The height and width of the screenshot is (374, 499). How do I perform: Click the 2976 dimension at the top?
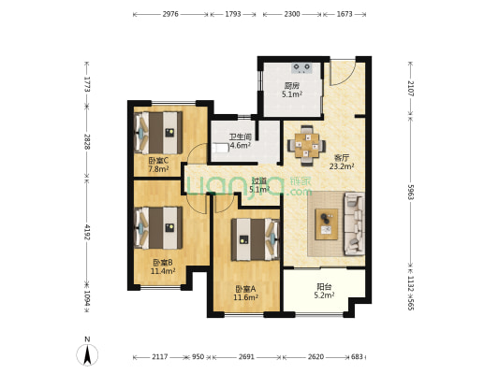click(170, 14)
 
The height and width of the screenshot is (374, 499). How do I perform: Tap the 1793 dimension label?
click(233, 14)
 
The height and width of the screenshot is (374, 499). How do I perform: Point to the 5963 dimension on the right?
click(410, 192)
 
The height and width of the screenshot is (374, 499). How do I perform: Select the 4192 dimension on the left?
click(87, 232)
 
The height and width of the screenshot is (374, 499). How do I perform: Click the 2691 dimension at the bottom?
click(246, 357)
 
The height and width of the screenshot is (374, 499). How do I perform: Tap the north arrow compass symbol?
click(87, 354)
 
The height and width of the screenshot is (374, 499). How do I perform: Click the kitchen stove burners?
click(301, 67)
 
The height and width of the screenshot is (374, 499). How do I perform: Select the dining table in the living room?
click(306, 146)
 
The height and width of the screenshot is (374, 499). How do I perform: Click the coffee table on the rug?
click(327, 224)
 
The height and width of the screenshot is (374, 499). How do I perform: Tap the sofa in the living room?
click(354, 224)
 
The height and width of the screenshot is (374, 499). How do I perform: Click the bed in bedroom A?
click(256, 239)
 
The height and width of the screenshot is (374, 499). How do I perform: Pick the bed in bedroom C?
click(158, 133)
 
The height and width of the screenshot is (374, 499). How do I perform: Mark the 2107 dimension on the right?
click(410, 89)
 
